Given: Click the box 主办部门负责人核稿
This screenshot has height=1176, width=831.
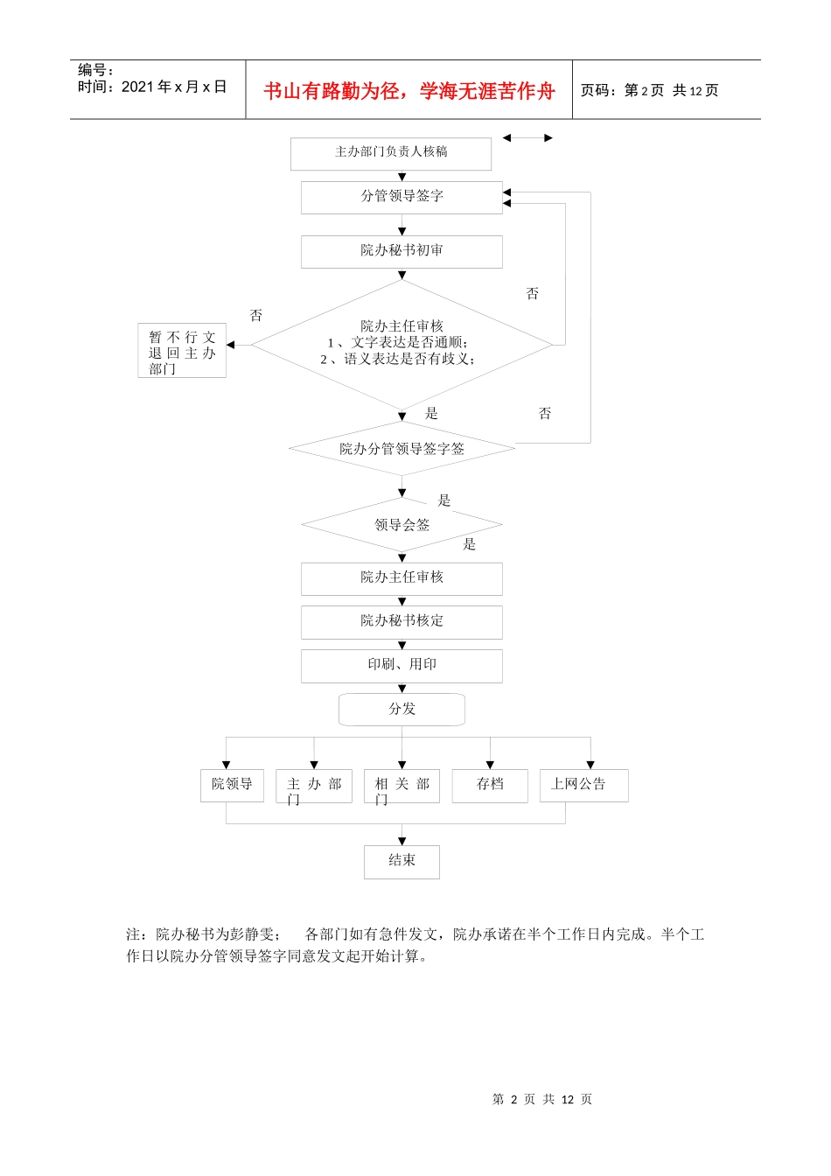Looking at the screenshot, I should pyautogui.click(x=391, y=153).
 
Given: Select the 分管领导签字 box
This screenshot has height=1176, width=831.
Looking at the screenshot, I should pyautogui.click(x=402, y=197).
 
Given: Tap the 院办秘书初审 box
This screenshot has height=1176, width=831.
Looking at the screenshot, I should pyautogui.click(x=402, y=251).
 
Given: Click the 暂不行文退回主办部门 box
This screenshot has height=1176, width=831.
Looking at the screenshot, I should pyautogui.click(x=182, y=351).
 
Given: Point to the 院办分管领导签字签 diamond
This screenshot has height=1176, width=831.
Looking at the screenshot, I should pyautogui.click(x=402, y=449).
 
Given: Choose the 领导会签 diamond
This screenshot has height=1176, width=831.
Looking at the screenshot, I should pyautogui.click(x=402, y=525).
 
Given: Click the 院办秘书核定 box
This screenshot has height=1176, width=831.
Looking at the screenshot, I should pyautogui.click(x=402, y=621).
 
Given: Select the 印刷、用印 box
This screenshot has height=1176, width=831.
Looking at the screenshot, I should pyautogui.click(x=402, y=665).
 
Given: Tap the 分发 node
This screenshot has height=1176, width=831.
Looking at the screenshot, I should pyautogui.click(x=402, y=709).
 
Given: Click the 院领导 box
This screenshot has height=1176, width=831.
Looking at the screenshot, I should pyautogui.click(x=232, y=785).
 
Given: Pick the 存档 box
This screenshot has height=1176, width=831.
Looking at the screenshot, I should pyautogui.click(x=490, y=785).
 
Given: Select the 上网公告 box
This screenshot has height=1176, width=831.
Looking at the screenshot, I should pyautogui.click(x=583, y=785).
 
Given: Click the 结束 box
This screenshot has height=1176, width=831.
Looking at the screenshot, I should pyautogui.click(x=402, y=861).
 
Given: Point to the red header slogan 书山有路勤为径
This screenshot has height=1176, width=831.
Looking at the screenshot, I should pyautogui.click(x=409, y=91).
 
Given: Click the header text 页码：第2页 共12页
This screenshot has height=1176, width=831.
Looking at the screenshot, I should pyautogui.click(x=649, y=91).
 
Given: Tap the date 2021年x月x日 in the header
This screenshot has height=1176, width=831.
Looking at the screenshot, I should pyautogui.click(x=173, y=87).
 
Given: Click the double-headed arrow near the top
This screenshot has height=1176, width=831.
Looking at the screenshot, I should pyautogui.click(x=527, y=138).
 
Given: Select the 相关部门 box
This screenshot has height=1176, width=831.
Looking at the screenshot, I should pyautogui.click(x=402, y=786).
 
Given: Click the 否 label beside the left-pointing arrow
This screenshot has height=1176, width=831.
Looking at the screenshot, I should pyautogui.click(x=256, y=316).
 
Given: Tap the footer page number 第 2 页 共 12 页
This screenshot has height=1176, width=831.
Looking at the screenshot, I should pyautogui.click(x=542, y=1099).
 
